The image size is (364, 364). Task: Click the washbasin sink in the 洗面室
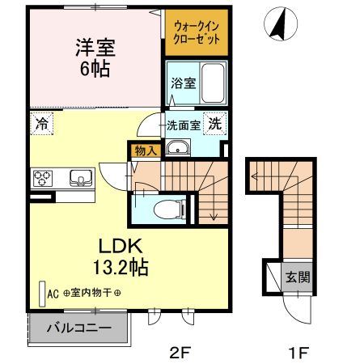177,148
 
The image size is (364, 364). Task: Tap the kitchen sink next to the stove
80,177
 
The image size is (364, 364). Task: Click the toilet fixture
163,207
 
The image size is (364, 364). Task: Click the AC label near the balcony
54,294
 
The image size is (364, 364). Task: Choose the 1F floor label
298,352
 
